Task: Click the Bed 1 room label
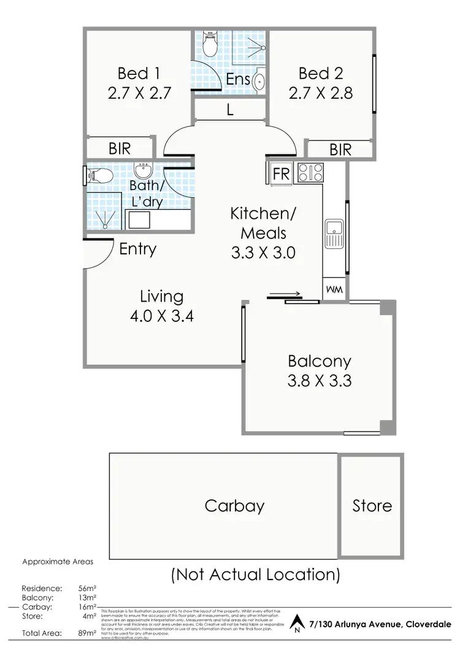pyautogui.click(x=139, y=74)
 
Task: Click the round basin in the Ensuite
pyautogui.click(x=259, y=80)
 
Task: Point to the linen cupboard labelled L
pyautogui.click(x=230, y=111)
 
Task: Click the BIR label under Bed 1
pyautogui.click(x=120, y=148)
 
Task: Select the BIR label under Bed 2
pyautogui.click(x=340, y=149)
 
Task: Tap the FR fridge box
pyautogui.click(x=281, y=174)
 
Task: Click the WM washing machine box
pyautogui.click(x=335, y=289)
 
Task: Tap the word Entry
pyautogui.click(x=138, y=250)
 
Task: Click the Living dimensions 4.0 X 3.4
pyautogui.click(x=162, y=317)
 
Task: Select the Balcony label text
pyautogui.click(x=319, y=361)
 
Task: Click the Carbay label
pyautogui.click(x=234, y=506)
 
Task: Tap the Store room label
pyautogui.click(x=372, y=506)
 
